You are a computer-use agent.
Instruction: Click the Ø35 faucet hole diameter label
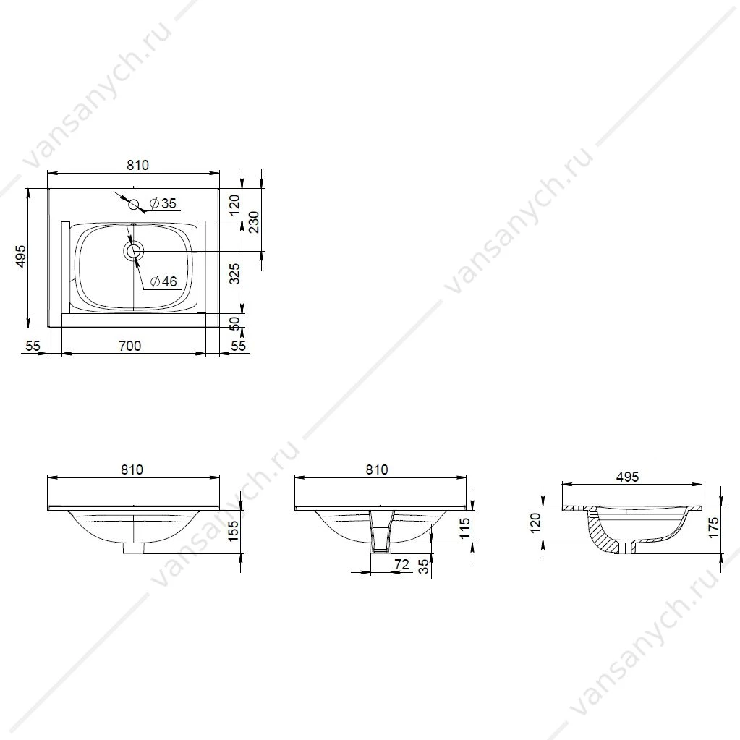[x=163, y=203]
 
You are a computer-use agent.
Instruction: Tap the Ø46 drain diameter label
[x=163, y=281]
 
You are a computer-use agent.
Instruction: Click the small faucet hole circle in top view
[x=134, y=204]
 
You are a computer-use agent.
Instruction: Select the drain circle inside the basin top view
[x=134, y=250]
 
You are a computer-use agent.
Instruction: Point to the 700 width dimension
[x=129, y=346]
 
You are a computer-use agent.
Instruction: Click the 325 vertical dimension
[x=234, y=273]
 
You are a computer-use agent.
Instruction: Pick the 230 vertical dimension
[x=254, y=222]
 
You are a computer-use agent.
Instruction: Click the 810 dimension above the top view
[x=137, y=165]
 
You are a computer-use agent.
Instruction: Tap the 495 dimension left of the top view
[x=21, y=256]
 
